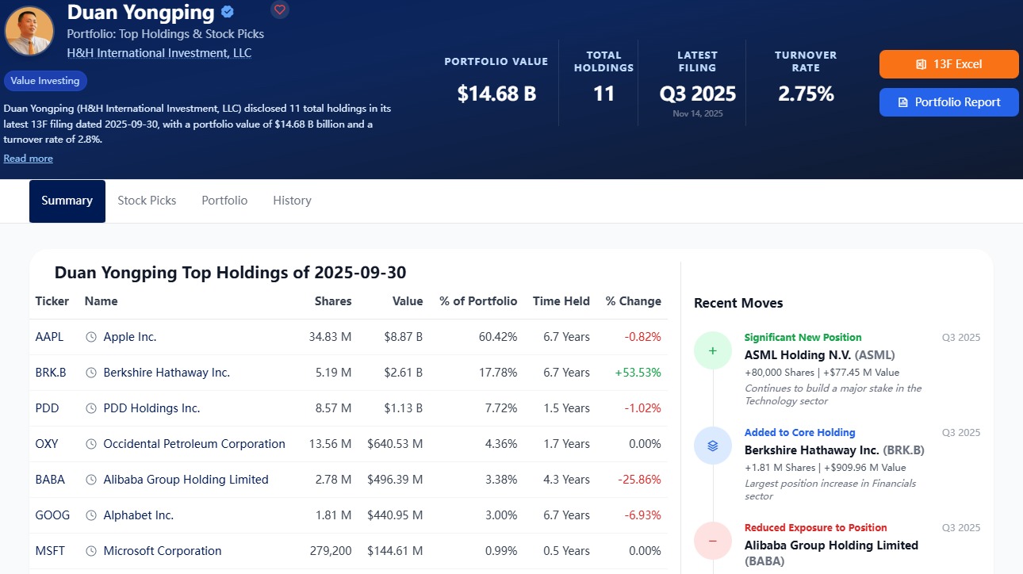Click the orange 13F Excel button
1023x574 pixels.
(x=948, y=64)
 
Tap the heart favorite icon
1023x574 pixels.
(x=279, y=10)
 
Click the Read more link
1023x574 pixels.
(x=29, y=159)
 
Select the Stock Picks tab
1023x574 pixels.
(x=147, y=201)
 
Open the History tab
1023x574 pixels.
(x=293, y=201)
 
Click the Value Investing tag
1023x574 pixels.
(x=45, y=81)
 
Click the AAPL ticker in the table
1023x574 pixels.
(x=49, y=337)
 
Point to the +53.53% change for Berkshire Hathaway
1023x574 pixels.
(x=638, y=373)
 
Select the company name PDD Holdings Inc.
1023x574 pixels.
(x=151, y=408)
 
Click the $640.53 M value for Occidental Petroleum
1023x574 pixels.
(x=395, y=444)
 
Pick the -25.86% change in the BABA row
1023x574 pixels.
(x=639, y=480)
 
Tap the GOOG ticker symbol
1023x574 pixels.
(x=52, y=515)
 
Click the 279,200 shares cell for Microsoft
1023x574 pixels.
(x=331, y=551)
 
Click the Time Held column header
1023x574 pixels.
(x=561, y=301)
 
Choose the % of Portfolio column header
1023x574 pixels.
(x=478, y=301)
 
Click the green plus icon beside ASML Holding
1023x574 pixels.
(x=712, y=350)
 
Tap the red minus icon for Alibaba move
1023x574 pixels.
(x=712, y=541)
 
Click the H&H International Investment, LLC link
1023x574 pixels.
(x=159, y=53)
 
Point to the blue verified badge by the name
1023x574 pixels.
(x=228, y=12)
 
